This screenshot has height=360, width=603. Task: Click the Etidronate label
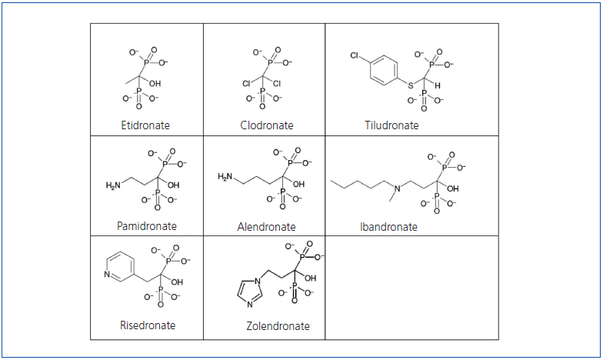pos(145,125)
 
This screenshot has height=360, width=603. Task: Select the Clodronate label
pos(267,125)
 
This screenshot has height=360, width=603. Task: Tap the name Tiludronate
pos(391,125)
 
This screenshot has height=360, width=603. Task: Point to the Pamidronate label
pos(147,226)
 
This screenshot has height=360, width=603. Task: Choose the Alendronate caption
pos(266,227)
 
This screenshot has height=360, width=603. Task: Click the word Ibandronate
pos(388,227)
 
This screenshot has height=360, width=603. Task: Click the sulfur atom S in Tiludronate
pos(411,84)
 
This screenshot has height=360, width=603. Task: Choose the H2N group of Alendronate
pos(225,177)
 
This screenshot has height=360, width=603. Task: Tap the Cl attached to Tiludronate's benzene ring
pos(355,56)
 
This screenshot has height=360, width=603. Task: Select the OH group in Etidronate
pos(155,83)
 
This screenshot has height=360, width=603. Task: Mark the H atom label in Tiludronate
pos(437,86)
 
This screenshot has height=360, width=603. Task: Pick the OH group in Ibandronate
pos(452,188)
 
